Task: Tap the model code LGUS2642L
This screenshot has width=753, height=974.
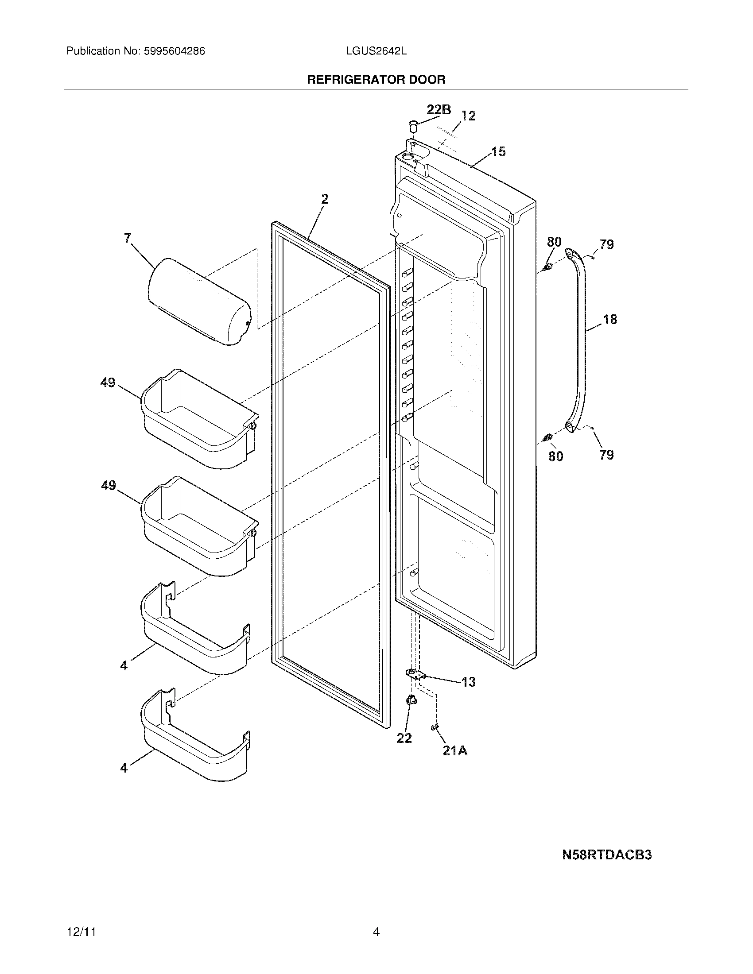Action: (376, 51)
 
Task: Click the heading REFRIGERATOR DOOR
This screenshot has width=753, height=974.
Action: (376, 80)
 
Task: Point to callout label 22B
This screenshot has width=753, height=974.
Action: (439, 110)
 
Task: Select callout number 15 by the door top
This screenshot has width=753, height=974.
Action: (499, 151)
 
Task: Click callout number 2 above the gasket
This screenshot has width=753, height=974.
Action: (325, 199)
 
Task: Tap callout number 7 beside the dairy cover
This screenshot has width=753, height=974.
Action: (128, 238)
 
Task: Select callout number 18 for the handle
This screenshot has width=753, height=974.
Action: (610, 319)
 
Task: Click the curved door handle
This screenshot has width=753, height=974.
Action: (581, 339)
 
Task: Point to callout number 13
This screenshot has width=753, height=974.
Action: (468, 682)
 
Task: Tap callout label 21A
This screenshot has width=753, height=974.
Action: (455, 751)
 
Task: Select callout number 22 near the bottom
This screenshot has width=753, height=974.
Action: (404, 738)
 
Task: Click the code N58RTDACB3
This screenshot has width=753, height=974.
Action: (607, 854)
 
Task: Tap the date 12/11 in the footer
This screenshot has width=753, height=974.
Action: (81, 932)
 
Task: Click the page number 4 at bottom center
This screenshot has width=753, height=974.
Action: (376, 932)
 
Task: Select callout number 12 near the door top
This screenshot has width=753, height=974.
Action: (468, 116)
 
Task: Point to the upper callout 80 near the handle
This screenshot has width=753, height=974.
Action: (554, 242)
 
